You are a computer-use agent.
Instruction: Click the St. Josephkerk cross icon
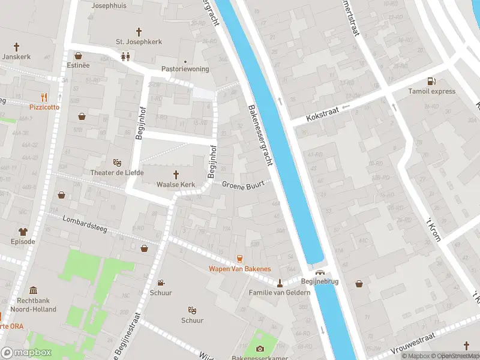click(139, 31)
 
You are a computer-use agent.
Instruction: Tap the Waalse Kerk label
click(176, 184)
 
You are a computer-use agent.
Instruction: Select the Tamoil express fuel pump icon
click(431, 81)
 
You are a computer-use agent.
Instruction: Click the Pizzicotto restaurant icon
click(44, 97)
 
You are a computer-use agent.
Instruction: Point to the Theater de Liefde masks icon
click(118, 163)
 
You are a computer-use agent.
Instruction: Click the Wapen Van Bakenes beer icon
click(239, 258)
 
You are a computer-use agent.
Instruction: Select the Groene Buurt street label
click(243, 185)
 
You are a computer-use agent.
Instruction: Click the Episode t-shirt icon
click(23, 231)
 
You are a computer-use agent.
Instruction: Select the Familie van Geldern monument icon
click(280, 282)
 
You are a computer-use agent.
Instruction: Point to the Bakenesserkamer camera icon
click(260, 349)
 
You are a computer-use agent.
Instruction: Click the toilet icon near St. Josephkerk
click(125, 56)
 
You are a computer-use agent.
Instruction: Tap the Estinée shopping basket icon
click(78, 56)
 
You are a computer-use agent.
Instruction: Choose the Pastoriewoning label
click(185, 69)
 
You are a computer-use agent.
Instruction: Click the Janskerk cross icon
click(16, 46)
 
